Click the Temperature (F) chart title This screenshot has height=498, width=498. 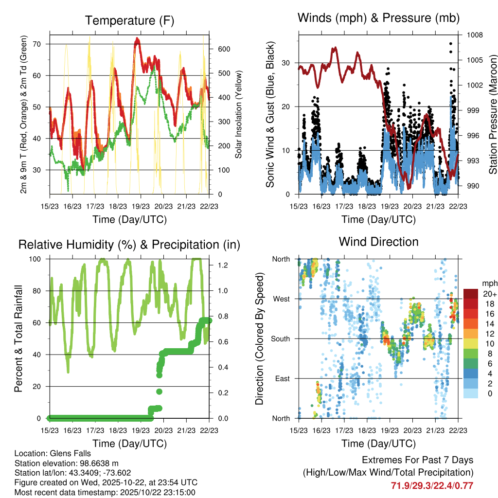click(129, 20)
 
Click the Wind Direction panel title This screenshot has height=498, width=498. click(378, 241)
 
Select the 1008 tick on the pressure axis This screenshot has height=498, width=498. click(474, 35)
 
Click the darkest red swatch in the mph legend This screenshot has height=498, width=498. click(471, 294)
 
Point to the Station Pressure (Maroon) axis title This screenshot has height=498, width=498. click(493, 114)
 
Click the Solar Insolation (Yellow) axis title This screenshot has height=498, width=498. click(239, 114)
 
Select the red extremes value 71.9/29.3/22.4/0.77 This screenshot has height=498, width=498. click(432, 485)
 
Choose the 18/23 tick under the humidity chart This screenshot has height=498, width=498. click(118, 430)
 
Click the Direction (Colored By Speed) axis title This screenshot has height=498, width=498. click(259, 338)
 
